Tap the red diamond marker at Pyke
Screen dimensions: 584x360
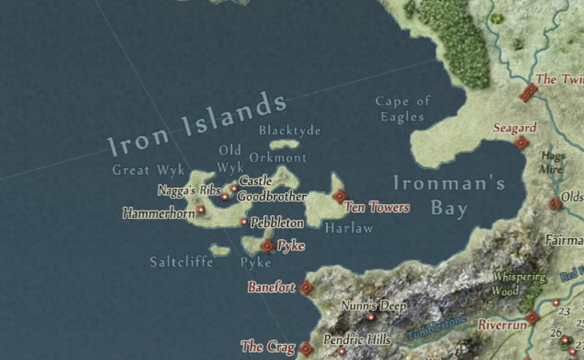[x=267, y=246]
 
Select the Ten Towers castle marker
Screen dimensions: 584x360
[x=339, y=196]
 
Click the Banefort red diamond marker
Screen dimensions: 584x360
[x=306, y=287]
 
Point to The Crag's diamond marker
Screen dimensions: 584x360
[x=306, y=348]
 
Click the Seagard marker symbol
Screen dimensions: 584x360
[x=522, y=143]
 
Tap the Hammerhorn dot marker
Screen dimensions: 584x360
[x=200, y=210]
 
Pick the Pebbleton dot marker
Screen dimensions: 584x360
[x=244, y=222]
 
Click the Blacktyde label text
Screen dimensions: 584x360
[x=290, y=130]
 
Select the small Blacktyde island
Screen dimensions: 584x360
[x=284, y=145]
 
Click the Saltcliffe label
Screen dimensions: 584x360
[x=182, y=262]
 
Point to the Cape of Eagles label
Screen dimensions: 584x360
[x=403, y=109]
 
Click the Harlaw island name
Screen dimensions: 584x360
[x=349, y=228]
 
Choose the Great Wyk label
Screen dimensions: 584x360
[x=148, y=170]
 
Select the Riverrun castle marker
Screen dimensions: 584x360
[x=533, y=318]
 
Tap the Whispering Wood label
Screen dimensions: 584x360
[x=518, y=283]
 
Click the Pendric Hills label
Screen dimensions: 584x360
[x=357, y=340]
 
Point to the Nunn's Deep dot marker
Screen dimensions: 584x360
[x=370, y=317]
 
